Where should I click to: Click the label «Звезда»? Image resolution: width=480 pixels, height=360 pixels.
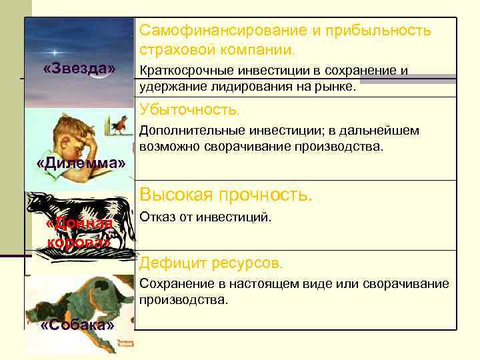(x=79, y=69)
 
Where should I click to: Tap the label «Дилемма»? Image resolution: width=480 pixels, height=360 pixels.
(x=80, y=163)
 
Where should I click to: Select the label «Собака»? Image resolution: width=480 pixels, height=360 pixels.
(x=78, y=325)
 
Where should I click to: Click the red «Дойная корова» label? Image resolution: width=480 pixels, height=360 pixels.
(x=79, y=233)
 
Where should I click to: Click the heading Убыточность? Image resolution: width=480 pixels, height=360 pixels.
(x=190, y=109)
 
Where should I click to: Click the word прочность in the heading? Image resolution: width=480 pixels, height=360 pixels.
(x=266, y=195)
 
